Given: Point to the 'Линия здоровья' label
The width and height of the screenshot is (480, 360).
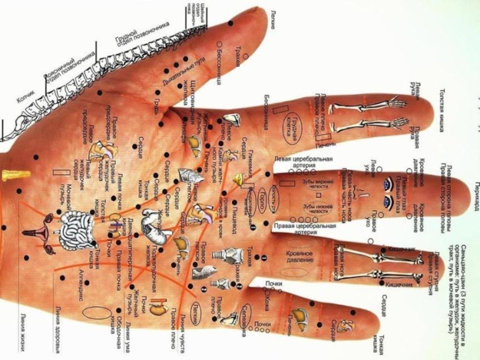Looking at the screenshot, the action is pyautogui.click(x=58, y=328).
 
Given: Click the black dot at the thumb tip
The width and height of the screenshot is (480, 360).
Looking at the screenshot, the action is pyautogui.click(x=230, y=23).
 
